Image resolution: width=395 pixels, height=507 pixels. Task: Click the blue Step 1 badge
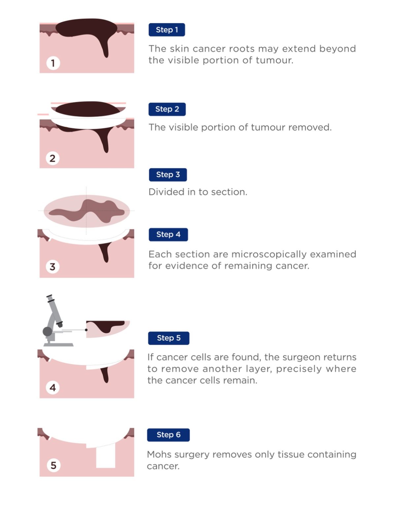click(167, 30)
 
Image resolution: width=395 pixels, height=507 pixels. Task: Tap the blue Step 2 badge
click(167, 109)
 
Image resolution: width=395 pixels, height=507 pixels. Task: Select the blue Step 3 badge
click(168, 175)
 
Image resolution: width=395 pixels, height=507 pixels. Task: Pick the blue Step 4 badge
click(168, 234)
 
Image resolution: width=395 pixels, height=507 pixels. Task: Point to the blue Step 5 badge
click(169, 338)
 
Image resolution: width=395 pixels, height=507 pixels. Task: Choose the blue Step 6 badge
click(168, 435)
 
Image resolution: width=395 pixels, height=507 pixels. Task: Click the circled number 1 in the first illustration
click(53, 63)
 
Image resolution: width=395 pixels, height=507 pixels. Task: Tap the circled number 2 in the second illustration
click(52, 158)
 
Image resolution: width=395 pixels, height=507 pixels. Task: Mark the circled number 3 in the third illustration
click(52, 266)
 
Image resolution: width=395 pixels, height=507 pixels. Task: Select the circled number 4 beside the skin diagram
click(53, 387)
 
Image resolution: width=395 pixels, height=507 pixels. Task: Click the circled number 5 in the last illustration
click(53, 465)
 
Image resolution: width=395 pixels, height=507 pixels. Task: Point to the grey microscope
click(54, 322)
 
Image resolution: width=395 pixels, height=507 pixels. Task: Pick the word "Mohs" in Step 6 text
click(159, 455)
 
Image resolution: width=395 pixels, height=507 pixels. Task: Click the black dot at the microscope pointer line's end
click(86, 330)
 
